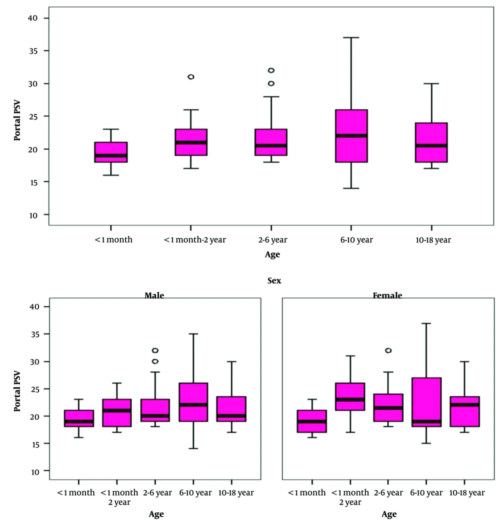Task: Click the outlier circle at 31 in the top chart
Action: point(190,77)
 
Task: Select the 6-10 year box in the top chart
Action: point(351,136)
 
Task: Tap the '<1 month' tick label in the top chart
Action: point(113,240)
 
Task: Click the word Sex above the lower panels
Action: point(274,281)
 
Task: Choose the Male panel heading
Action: point(154,295)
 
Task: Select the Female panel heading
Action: point(387,295)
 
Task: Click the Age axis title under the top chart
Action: point(272,255)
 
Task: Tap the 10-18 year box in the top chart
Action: point(431,142)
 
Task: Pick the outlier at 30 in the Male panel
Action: point(155,361)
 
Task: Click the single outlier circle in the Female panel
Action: point(388,350)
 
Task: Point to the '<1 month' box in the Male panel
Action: point(78,418)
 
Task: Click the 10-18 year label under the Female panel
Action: point(466,493)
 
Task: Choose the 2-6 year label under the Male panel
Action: point(155,493)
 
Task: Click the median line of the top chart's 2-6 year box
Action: point(270,145)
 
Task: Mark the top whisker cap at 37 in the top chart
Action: point(351,37)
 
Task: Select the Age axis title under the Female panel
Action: point(389,514)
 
